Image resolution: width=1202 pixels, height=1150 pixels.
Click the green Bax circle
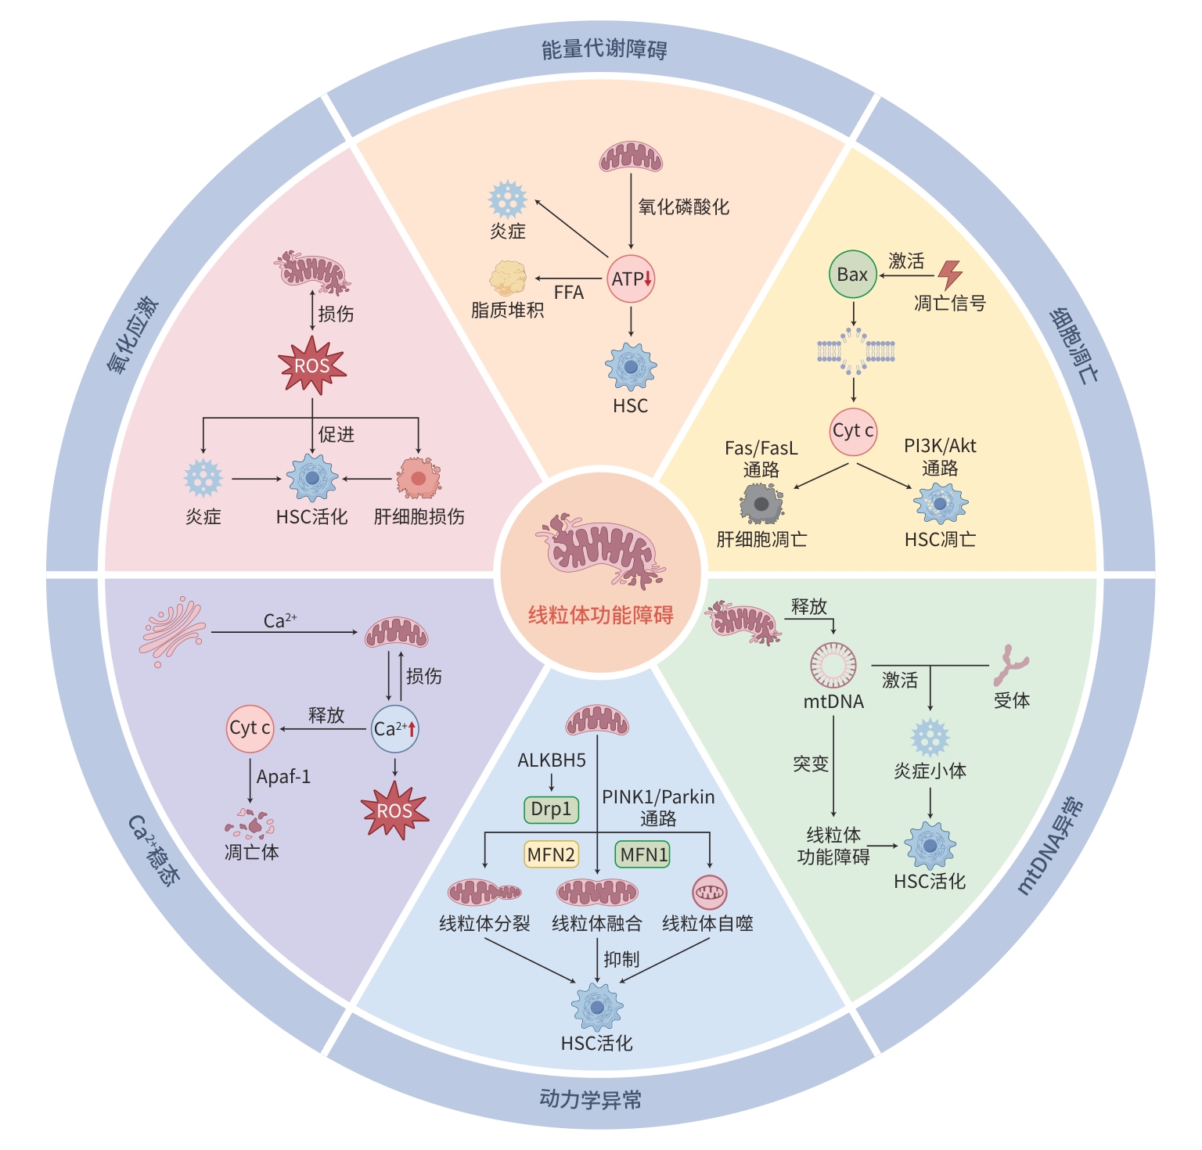point(852,275)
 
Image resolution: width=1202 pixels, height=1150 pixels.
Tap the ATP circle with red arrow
point(631,279)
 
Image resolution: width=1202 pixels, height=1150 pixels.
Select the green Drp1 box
point(551,810)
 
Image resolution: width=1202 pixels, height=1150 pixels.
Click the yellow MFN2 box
point(551,854)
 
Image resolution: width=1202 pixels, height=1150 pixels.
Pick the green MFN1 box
point(643,854)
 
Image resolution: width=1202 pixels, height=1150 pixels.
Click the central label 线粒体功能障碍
point(600,615)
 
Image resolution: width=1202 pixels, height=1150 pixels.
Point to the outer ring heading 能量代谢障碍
point(604,50)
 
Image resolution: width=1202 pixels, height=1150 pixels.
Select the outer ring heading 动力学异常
point(591,1099)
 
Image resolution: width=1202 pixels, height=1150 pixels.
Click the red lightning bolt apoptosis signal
point(950,275)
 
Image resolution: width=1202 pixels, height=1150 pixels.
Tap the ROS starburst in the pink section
point(312,365)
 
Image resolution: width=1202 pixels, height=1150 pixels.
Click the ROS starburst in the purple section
point(394,811)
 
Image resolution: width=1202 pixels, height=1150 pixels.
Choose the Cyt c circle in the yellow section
point(853,431)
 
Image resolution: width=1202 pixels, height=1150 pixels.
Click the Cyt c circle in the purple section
point(250,728)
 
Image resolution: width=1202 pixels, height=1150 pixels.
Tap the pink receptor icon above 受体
point(1010,666)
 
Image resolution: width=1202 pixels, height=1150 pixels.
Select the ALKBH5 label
point(552,760)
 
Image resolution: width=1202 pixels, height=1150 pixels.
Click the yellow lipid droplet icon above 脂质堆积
point(508,278)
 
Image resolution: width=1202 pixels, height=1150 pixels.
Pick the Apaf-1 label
point(283,777)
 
